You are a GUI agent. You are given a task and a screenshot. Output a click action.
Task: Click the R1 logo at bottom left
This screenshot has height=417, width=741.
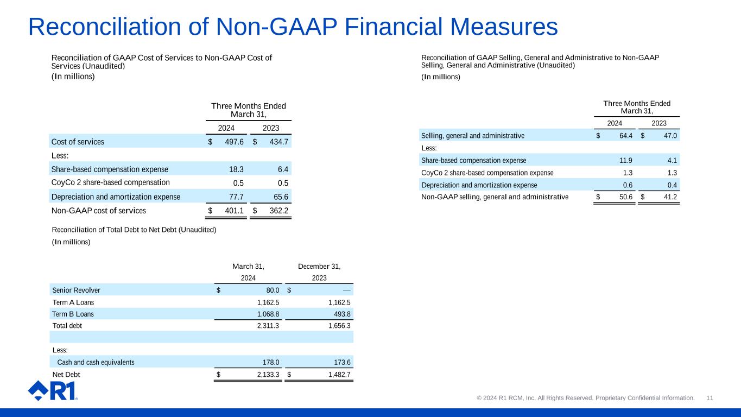click(x=52, y=390)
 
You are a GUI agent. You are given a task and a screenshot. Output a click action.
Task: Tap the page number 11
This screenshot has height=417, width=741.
click(x=710, y=398)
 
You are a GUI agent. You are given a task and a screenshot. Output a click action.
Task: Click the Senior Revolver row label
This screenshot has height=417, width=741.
click(x=76, y=290)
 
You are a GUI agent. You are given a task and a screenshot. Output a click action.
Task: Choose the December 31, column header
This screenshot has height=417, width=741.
click(x=319, y=267)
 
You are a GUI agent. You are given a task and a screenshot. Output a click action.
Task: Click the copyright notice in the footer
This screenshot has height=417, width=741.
click(x=585, y=398)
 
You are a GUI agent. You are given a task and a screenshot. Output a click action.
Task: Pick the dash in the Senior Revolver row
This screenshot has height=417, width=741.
click(x=346, y=290)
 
